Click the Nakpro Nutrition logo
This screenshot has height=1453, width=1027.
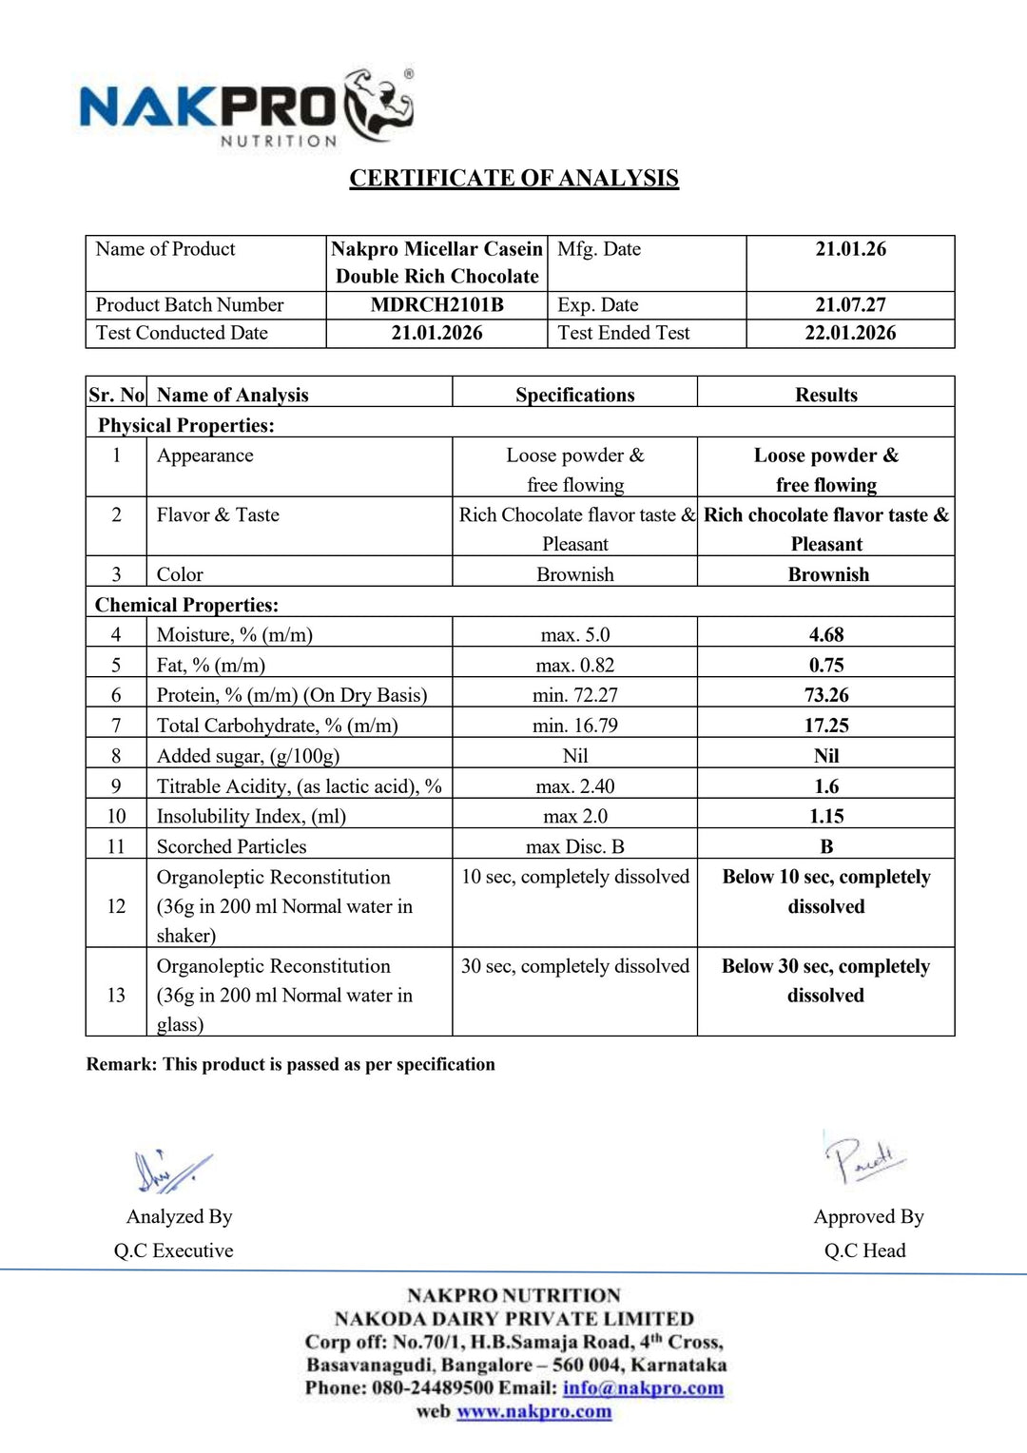point(246,107)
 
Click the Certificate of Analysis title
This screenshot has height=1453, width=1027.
point(513,179)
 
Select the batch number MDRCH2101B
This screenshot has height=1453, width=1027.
point(436,305)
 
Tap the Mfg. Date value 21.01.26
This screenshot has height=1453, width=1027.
point(850,249)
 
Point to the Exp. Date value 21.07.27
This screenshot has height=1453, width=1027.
point(850,305)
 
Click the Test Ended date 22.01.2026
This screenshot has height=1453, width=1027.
point(850,333)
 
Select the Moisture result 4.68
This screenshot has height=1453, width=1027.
point(826,634)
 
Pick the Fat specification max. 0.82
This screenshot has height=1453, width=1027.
point(574,665)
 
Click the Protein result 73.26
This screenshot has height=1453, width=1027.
point(826,695)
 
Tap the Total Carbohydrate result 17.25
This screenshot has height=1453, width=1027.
point(826,726)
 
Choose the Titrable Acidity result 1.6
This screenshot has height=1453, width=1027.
point(826,786)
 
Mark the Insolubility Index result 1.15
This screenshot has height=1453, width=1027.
point(826,816)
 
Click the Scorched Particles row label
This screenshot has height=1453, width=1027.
point(231,846)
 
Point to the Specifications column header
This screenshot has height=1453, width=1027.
point(574,395)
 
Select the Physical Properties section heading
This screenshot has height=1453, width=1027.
point(185,425)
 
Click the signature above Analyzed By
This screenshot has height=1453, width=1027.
point(171,1172)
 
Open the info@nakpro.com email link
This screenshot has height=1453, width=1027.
point(643,1387)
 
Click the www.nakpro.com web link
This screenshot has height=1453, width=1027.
point(533,1411)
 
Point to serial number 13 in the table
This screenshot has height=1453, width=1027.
point(116,995)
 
